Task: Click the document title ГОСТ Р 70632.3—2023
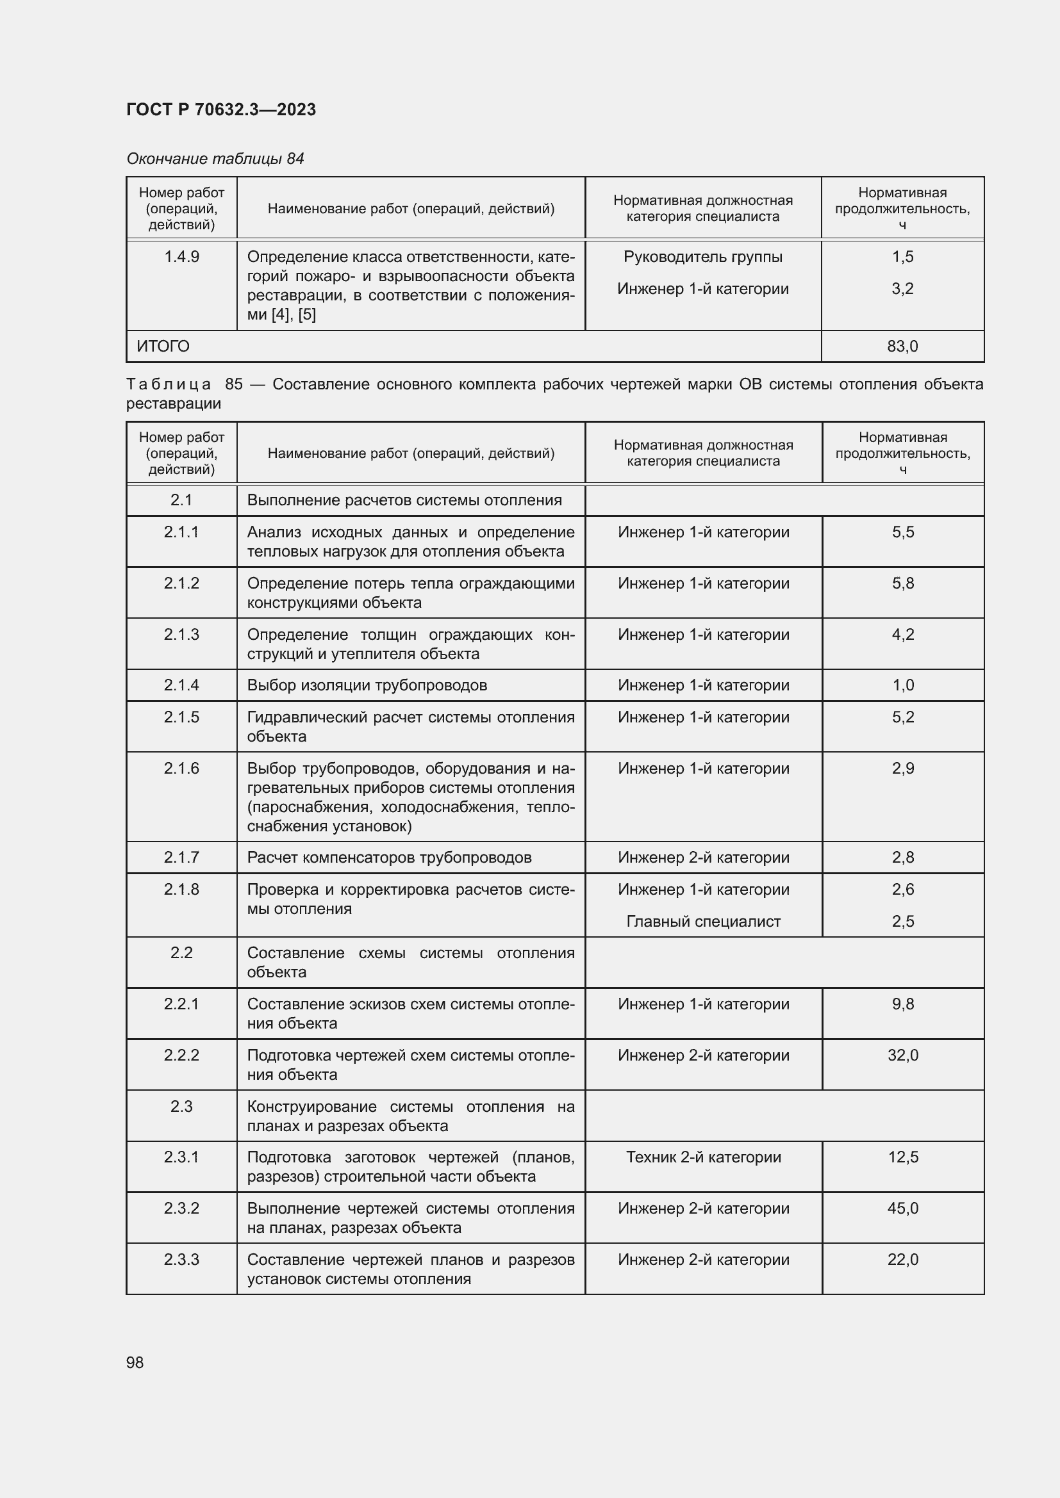(220, 110)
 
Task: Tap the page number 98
(135, 1362)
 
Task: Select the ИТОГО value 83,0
(902, 346)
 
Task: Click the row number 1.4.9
(181, 257)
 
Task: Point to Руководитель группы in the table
(702, 257)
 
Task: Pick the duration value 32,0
(902, 1055)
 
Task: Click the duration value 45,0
(902, 1209)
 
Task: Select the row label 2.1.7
(181, 858)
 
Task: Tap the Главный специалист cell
(703, 921)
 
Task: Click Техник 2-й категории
(703, 1157)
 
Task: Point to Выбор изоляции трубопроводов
(367, 685)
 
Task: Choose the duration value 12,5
(902, 1157)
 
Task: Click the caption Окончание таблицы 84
(215, 159)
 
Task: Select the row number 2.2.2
(181, 1055)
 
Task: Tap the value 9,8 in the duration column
(902, 1004)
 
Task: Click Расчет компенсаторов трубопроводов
(389, 858)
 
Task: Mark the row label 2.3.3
(181, 1259)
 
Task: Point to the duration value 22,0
(902, 1259)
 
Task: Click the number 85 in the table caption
(234, 384)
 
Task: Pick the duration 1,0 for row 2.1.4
(902, 685)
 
